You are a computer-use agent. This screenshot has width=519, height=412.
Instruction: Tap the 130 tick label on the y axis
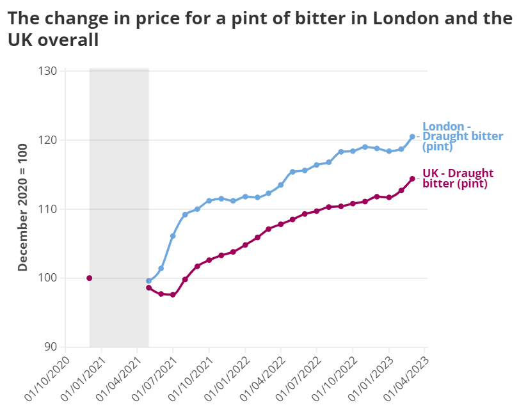click(x=49, y=71)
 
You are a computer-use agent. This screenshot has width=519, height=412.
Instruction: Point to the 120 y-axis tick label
click(x=49, y=140)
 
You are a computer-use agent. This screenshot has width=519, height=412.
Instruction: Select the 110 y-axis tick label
click(x=49, y=209)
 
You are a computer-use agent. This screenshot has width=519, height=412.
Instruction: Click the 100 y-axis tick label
click(x=49, y=278)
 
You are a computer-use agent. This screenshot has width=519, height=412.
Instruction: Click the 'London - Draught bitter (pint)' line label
click(x=462, y=136)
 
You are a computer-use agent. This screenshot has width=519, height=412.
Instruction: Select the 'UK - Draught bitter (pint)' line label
click(x=458, y=178)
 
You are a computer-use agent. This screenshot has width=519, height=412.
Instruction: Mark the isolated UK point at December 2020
click(x=90, y=278)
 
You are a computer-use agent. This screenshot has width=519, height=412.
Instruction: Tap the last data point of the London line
click(x=412, y=137)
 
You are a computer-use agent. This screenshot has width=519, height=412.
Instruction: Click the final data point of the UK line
click(x=412, y=178)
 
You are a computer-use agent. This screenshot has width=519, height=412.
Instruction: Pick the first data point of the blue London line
click(x=149, y=281)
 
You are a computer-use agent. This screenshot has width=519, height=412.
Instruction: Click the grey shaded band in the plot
click(x=119, y=192)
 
